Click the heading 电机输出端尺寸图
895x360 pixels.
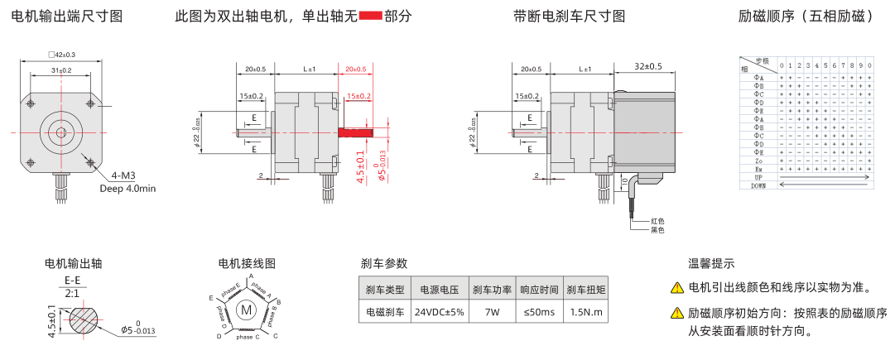pos(67,17)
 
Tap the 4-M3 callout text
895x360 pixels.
pos(125,175)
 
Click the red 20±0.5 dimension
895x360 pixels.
pos(355,69)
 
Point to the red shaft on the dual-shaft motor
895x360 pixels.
pos(355,132)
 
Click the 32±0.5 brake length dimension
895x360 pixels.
pos(648,66)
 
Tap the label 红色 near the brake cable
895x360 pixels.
pos(657,221)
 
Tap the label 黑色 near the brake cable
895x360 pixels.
pos(657,230)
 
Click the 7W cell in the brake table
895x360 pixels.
pos(492,313)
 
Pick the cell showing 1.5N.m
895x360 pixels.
pos(585,313)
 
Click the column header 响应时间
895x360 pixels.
pos(539,290)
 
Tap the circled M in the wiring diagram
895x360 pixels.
pos(246,310)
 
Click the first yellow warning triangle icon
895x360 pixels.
pos(677,289)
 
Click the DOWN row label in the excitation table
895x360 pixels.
pos(758,186)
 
